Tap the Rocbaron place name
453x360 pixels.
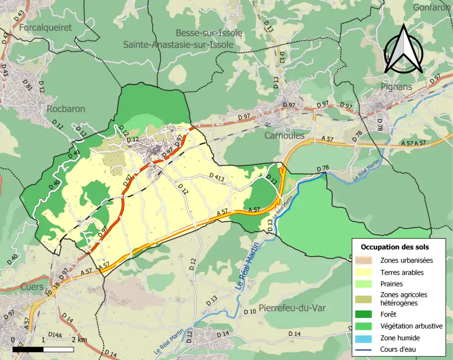coord(66,109)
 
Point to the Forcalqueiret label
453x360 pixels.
coord(45,27)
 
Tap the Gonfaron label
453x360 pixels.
coord(432,7)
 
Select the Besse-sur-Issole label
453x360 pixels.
coord(209,33)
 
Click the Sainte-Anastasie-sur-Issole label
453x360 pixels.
coord(178,44)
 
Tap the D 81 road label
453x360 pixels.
coord(28,85)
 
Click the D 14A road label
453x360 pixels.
coord(55,335)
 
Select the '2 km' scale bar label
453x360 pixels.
coord(79,340)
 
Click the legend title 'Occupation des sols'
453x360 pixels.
coord(394,247)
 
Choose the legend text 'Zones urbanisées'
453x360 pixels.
coord(406,260)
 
